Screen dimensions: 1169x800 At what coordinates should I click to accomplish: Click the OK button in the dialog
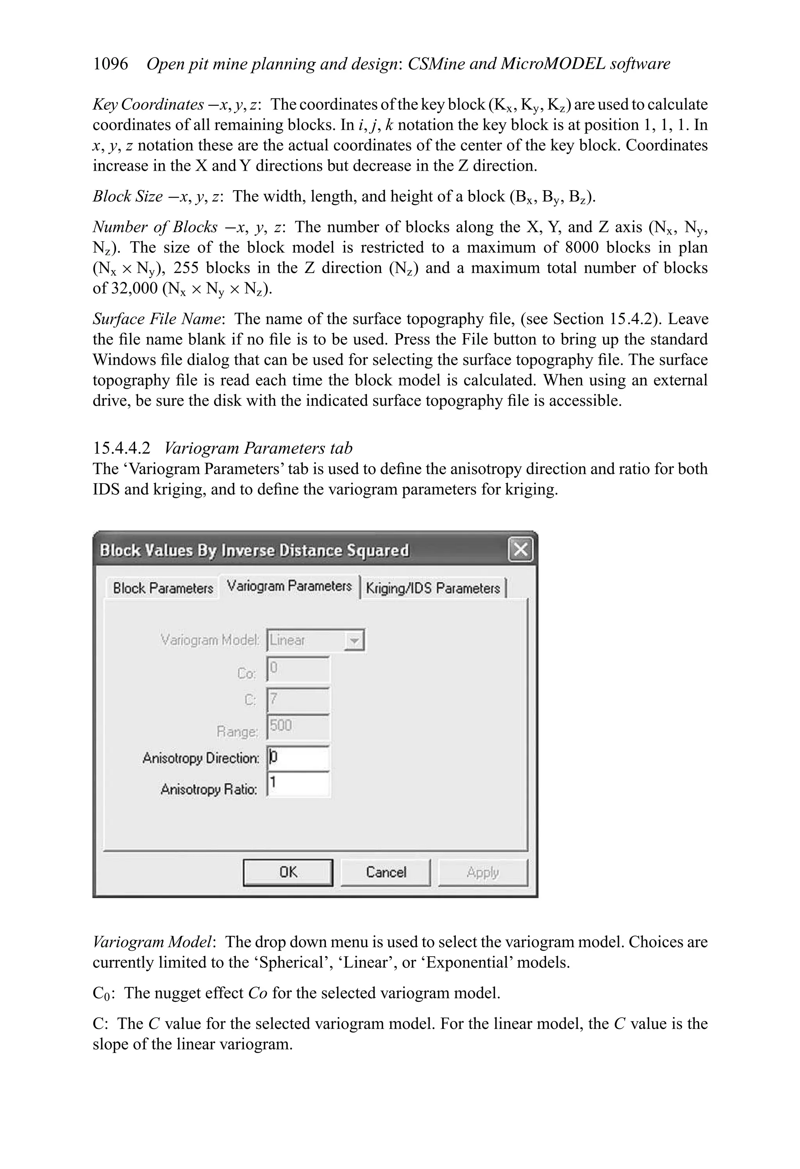288,872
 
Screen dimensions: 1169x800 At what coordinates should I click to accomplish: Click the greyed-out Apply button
482,872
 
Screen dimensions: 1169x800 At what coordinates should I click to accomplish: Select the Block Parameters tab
163,588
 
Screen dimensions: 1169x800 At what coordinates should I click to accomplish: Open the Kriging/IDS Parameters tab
433,588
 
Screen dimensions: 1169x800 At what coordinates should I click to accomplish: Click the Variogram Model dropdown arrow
354,641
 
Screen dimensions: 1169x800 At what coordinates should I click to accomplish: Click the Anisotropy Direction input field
298,758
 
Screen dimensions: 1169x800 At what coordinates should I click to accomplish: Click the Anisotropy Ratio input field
298,783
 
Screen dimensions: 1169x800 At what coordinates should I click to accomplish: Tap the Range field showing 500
298,726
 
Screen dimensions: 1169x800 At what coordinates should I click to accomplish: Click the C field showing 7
298,700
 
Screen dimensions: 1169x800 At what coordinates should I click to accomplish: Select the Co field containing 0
298,669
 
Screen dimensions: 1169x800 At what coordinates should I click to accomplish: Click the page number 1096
111,64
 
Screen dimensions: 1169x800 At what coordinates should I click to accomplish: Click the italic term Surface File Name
157,319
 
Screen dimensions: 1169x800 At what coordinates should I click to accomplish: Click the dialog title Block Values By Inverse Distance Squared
254,550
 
